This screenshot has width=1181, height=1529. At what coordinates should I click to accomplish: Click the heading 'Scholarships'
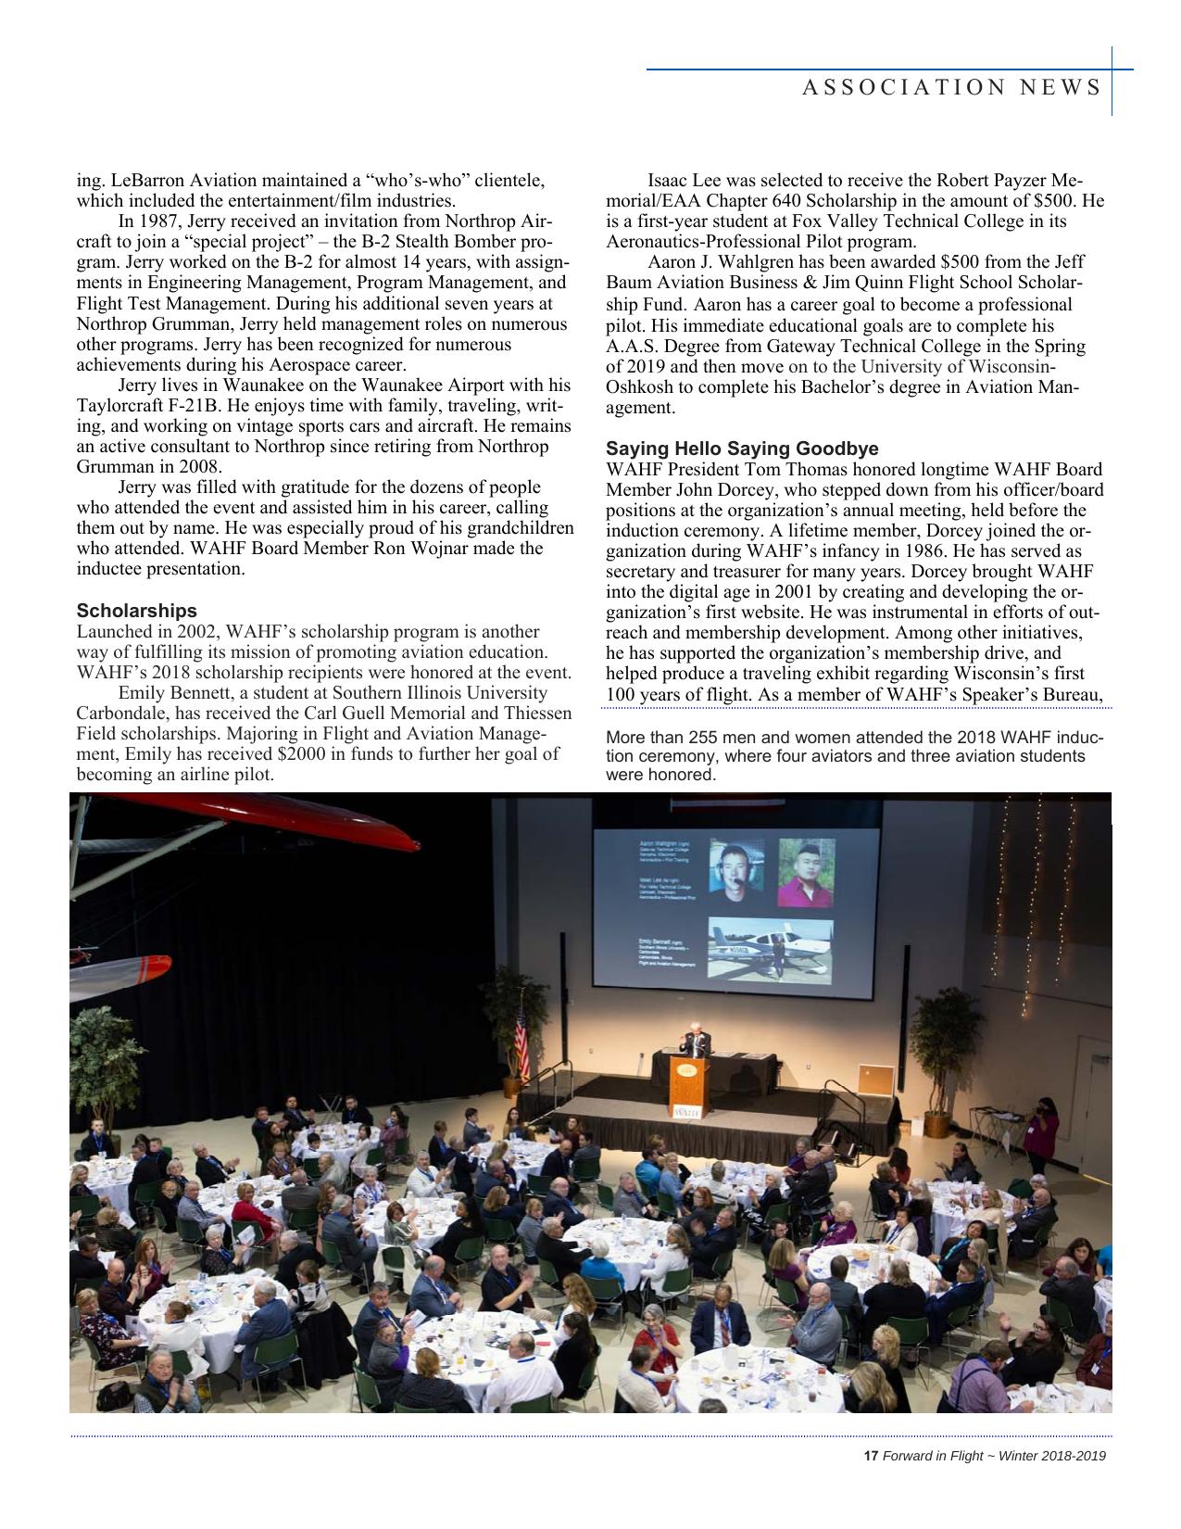(x=137, y=611)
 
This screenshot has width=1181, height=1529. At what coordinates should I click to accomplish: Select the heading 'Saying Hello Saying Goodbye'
(x=742, y=449)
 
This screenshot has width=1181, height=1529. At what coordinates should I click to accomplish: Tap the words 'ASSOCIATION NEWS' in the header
(x=951, y=87)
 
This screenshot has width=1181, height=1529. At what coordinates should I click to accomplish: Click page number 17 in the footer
(x=870, y=1456)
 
